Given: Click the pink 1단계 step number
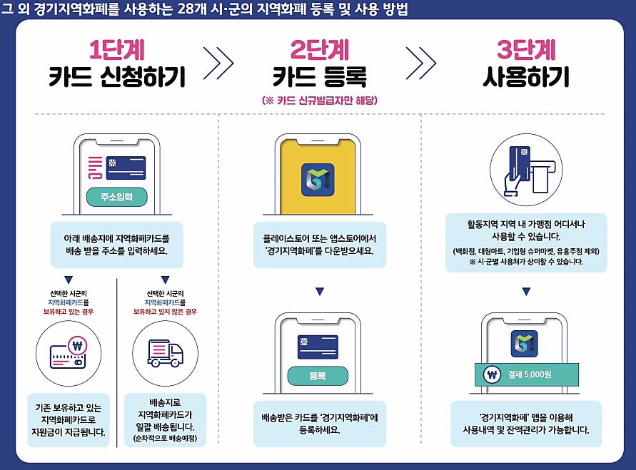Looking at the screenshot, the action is coord(117,49).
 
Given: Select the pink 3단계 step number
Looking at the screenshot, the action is coord(526,49).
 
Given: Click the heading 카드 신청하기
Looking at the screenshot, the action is coord(117,76).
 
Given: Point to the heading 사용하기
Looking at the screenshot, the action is coord(526,76).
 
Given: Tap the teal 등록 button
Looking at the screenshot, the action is coord(317,376).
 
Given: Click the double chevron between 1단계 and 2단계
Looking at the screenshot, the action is coord(218,64).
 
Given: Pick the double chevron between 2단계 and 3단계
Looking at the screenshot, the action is coord(421,64).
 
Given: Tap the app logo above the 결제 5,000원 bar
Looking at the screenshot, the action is coord(525,344).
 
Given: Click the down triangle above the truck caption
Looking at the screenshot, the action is coord(166,280).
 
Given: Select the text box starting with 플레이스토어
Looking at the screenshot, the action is coord(319,245).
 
